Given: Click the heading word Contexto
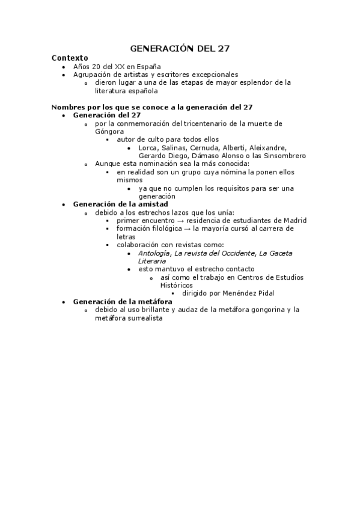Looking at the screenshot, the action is (70, 58).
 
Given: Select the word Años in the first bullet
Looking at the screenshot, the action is (82, 66).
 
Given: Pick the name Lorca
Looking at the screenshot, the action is (148, 147).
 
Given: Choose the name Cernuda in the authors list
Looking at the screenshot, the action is (206, 147).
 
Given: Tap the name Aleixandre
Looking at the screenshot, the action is (267, 147).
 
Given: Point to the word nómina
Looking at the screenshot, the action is (224, 172).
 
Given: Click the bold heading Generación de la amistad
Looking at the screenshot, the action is (120, 204).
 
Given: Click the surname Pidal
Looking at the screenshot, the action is (263, 293).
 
